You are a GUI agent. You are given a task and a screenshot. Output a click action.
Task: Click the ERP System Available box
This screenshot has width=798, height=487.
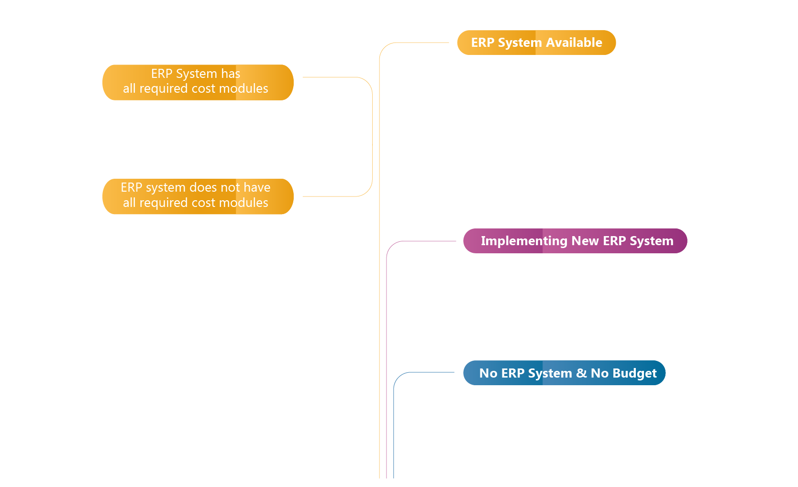[536, 43]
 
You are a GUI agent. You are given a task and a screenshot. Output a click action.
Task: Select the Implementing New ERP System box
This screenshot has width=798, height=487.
[575, 241]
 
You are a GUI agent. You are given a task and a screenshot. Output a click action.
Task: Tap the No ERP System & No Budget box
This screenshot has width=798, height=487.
[564, 373]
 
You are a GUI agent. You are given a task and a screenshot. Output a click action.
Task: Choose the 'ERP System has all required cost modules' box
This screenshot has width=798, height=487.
[198, 82]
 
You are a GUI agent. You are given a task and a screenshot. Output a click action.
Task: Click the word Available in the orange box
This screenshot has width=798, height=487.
[574, 43]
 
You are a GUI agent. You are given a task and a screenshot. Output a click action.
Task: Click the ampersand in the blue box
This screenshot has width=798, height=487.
[581, 373]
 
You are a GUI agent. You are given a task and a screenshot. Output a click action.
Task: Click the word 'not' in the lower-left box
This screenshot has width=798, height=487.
[230, 187]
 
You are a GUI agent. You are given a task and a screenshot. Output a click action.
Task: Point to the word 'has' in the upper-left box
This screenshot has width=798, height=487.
[231, 74]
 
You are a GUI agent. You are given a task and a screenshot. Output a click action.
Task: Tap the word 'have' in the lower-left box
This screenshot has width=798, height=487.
[257, 187]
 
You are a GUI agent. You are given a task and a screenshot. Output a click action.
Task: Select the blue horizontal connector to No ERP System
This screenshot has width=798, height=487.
[431, 372]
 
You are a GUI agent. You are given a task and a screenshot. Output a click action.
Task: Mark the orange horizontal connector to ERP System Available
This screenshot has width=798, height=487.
[421, 43]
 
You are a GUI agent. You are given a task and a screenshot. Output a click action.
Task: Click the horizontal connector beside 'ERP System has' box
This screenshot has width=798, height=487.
[330, 77]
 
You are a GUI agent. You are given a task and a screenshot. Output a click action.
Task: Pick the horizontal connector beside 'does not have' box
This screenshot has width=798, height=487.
[330, 196]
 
